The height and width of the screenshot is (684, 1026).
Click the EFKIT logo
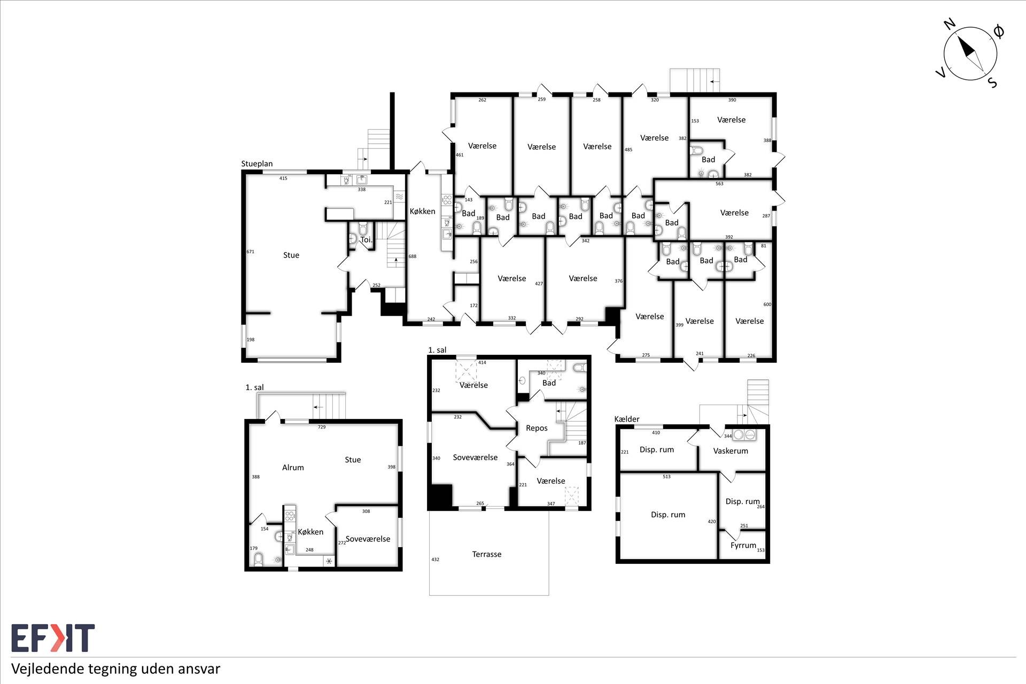53,638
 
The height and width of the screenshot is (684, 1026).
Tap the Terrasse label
487,554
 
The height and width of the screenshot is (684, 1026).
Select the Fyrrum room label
743,546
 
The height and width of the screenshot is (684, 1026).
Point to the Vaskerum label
730,450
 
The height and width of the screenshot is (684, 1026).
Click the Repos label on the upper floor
537,428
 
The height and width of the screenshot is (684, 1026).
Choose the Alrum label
293,468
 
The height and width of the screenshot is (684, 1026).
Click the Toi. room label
367,240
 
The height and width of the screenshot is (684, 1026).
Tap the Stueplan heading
257,164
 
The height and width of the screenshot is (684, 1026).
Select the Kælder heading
627,419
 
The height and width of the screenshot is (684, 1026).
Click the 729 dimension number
322,427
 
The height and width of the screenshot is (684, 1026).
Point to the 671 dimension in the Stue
250,252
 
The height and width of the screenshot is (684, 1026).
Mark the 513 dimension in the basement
666,477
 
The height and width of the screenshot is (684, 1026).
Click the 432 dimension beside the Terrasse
436,559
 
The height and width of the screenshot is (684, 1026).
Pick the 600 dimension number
767,305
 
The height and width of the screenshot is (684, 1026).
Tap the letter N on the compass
949,38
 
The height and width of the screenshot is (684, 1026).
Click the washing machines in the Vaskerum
744,434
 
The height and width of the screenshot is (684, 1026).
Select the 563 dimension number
719,184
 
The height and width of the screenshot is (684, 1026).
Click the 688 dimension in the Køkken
412,256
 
